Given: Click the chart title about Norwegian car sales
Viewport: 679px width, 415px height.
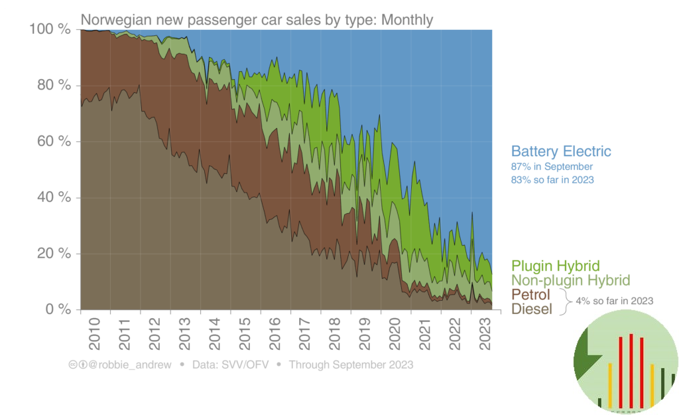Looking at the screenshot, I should (257, 20).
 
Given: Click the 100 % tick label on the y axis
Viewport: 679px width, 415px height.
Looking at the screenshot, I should (50, 30).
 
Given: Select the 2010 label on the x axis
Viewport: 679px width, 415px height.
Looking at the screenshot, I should (95, 335).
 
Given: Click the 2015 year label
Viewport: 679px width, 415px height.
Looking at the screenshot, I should (245, 335).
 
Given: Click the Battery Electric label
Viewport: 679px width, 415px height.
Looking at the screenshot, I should (560, 151).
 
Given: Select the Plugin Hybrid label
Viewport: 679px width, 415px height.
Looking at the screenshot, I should (556, 266).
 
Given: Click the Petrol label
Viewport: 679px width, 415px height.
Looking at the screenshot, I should (531, 294).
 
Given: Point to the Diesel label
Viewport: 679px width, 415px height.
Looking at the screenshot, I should (532, 309).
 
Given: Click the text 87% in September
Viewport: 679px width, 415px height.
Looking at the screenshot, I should (552, 167).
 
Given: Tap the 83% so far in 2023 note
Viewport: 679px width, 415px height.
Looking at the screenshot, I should (552, 179).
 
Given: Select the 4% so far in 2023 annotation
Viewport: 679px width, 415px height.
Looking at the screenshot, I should (614, 301).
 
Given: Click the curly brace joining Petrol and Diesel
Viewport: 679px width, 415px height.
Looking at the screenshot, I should (566, 301).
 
